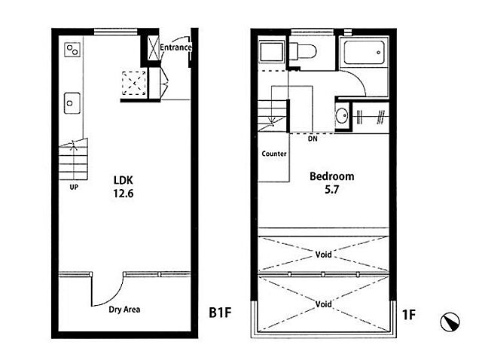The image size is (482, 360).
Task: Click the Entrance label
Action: click(175, 47)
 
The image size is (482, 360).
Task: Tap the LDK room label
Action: click(124, 180)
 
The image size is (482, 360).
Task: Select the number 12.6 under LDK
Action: click(124, 194)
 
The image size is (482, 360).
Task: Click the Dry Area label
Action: click(124, 310)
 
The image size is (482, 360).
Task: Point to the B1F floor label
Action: click(220, 313)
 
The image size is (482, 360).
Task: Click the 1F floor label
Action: click(409, 315)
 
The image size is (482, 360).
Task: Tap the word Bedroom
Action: click(332, 176)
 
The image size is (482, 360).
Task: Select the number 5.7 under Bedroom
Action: click(332, 190)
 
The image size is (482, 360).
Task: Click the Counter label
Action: click(274, 154)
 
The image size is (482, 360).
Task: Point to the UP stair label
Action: click(74, 187)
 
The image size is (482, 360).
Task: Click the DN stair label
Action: click(313, 139)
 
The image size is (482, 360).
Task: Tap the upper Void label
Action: click(324, 255)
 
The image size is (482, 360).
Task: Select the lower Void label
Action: click(324, 304)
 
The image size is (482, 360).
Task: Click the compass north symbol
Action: click(450, 322)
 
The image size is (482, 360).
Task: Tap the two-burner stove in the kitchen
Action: click(72, 50)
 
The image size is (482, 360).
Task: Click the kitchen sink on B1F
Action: click(72, 103)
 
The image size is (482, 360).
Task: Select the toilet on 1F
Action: click(303, 51)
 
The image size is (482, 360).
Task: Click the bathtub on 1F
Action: click(364, 53)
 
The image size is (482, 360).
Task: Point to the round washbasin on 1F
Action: click(341, 116)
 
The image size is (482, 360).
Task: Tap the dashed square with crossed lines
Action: click(134, 83)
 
